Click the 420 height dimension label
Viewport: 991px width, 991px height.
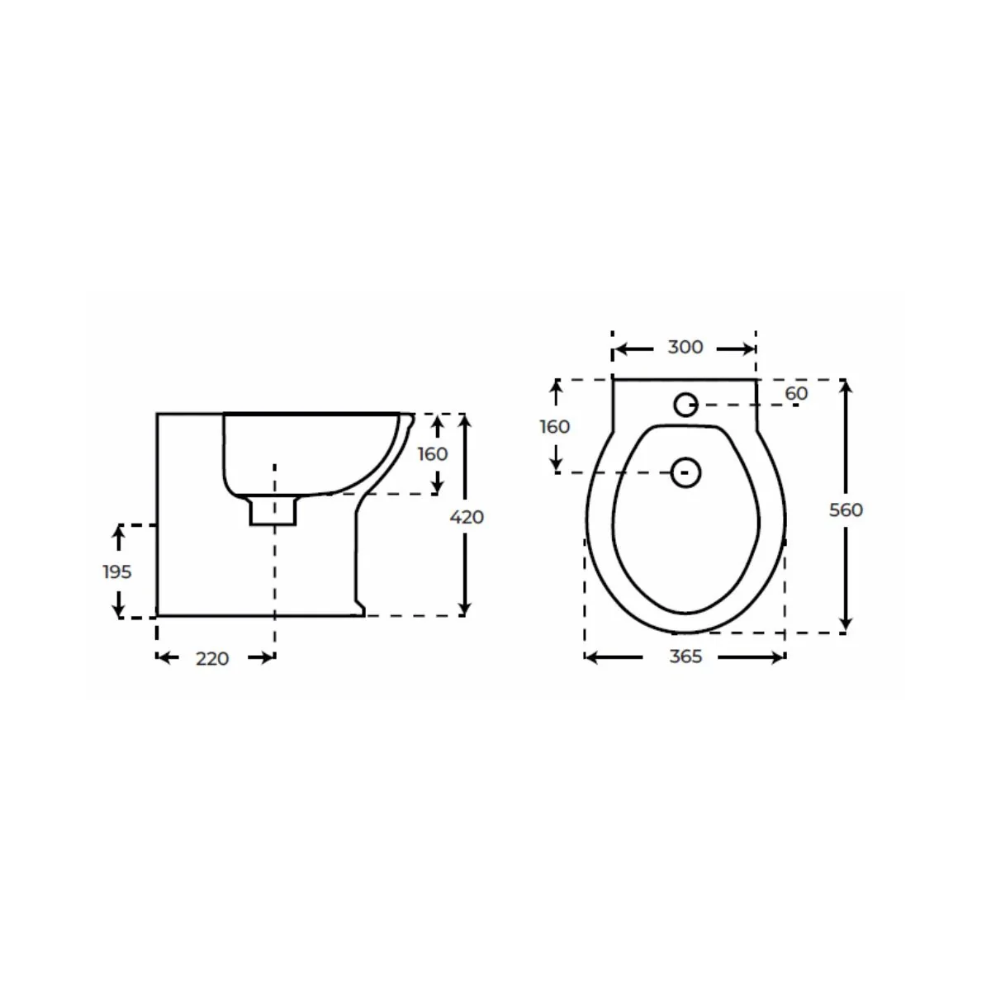tap(467, 517)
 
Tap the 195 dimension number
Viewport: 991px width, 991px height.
tap(117, 571)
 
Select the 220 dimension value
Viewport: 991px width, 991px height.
tap(212, 659)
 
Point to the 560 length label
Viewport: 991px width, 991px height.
tap(846, 510)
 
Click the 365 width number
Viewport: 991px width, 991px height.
tap(685, 657)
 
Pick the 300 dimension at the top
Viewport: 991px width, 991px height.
tap(685, 347)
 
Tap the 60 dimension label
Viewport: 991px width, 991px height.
tap(796, 393)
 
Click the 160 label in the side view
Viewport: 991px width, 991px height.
tap(433, 454)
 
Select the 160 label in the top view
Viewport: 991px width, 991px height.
tap(554, 427)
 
